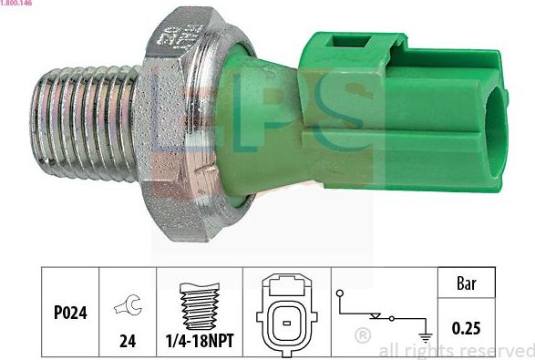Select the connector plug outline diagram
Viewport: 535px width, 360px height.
285,313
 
